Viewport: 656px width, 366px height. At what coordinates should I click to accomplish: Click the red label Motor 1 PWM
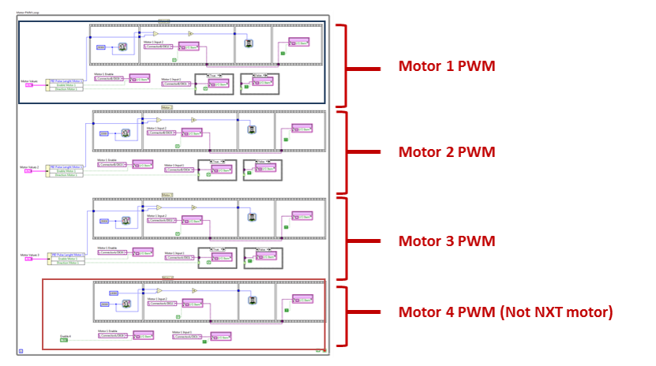pos(446,66)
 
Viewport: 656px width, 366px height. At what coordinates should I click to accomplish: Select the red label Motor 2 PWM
pos(446,152)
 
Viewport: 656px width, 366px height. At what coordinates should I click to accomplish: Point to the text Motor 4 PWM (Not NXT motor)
pos(504,312)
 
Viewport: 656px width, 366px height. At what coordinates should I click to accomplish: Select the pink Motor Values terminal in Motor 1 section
pos(28,84)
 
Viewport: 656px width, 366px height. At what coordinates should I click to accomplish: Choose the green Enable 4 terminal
pos(64,340)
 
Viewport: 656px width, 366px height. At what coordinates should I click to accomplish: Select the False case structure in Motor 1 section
pos(260,83)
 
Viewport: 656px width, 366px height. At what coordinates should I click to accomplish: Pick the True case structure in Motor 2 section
pos(217,169)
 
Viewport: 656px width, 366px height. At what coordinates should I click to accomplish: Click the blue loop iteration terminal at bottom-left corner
pos(21,350)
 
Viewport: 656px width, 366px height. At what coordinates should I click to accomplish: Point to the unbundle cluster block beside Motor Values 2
pos(65,170)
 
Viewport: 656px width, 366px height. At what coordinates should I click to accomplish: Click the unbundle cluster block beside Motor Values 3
pos(65,257)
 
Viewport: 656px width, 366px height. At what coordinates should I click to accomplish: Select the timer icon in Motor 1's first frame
pos(122,47)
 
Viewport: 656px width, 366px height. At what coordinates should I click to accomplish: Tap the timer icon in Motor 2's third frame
pos(252,129)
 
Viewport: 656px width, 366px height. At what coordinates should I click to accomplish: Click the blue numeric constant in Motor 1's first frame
pos(101,47)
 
